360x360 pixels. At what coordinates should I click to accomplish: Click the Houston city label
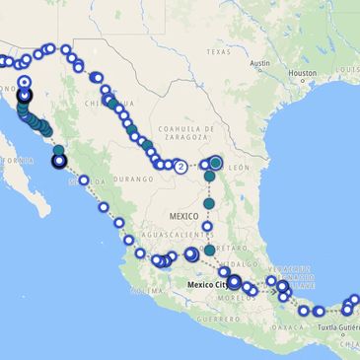pyautogui.click(x=302, y=73)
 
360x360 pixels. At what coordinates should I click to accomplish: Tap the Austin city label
pyautogui.click(x=260, y=63)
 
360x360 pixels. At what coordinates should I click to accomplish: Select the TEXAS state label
pyautogui.click(x=217, y=51)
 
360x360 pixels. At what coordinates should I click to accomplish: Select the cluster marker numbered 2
pyautogui.click(x=181, y=167)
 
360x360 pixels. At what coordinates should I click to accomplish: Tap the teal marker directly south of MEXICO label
pyautogui.click(x=209, y=251)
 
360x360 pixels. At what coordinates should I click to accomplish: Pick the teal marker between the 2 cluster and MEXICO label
pyautogui.click(x=209, y=203)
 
